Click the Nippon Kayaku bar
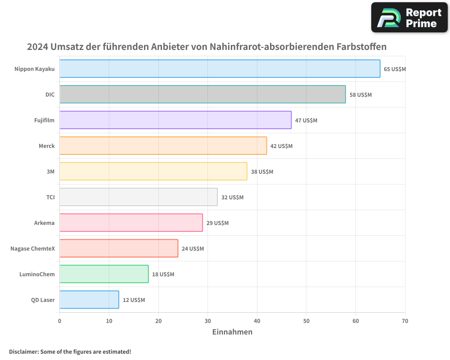coord(220,69)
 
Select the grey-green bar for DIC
coord(202,94)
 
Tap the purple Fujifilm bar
coord(175,120)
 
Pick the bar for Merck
coord(163,146)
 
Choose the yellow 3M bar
coord(153,171)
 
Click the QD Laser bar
coord(89,300)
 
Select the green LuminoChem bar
coord(104,274)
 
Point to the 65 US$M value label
coord(395,69)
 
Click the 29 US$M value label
coord(217,223)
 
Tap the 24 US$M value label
coord(193,249)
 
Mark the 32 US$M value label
coord(232,198)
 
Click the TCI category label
coord(50,197)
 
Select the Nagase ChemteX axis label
coord(32,248)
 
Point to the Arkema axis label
coord(44,223)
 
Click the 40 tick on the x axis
coord(257,321)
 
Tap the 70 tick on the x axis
coord(405,321)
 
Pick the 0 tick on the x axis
coord(60,321)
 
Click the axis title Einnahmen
coord(232,332)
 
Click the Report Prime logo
coord(409,18)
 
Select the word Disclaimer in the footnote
coord(23,351)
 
